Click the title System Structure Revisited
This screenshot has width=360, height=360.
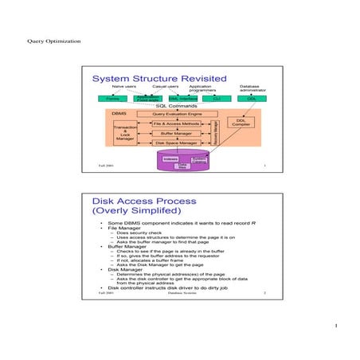click(159, 79)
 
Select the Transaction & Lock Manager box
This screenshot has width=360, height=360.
click(124, 133)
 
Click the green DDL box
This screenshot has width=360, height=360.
click(251, 98)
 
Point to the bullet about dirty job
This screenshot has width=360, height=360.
click(171, 287)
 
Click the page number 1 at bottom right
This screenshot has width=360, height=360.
click(338, 326)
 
